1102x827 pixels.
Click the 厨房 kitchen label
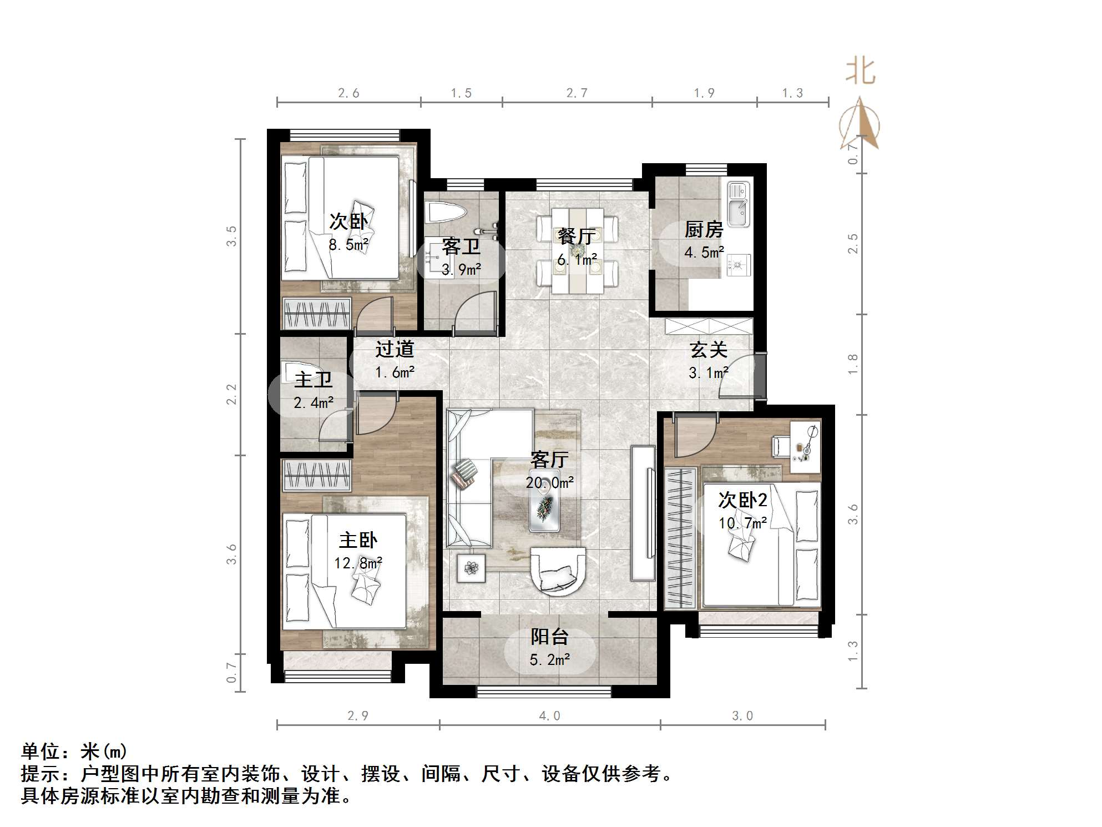(704, 229)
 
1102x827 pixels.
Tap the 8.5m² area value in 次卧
(348, 245)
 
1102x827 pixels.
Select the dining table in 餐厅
(577, 251)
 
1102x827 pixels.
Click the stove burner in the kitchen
(739, 266)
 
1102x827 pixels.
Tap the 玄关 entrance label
(708, 350)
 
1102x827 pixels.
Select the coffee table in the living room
(544, 506)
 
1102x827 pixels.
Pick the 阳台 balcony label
(549, 636)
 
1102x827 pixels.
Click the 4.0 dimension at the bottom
(549, 716)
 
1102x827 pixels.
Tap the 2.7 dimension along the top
(577, 93)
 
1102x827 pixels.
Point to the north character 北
(860, 72)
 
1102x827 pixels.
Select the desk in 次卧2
(805, 447)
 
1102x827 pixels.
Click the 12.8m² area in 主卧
(358, 563)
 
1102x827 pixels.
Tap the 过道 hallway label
(395, 349)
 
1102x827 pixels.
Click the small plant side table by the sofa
(471, 568)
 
